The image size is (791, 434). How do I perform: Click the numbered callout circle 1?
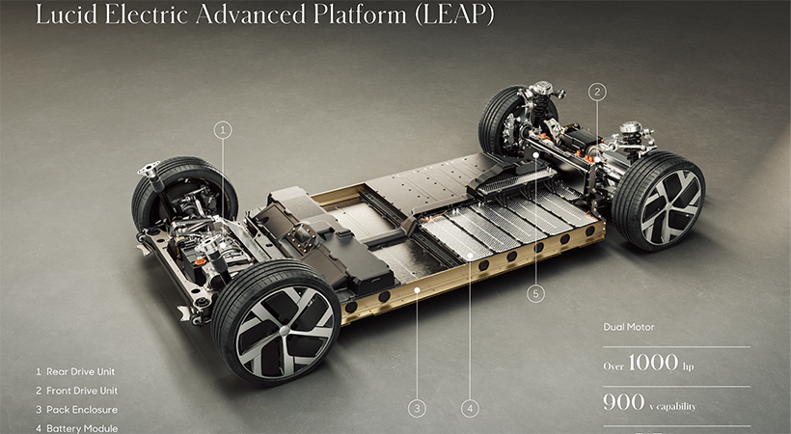[223, 128]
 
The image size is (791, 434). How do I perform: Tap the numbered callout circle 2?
[598, 93]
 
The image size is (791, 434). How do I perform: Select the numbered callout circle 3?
[417, 408]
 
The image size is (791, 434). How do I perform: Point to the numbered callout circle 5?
[537, 292]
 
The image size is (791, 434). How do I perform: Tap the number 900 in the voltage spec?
[623, 402]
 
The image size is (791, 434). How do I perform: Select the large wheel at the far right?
[658, 202]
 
